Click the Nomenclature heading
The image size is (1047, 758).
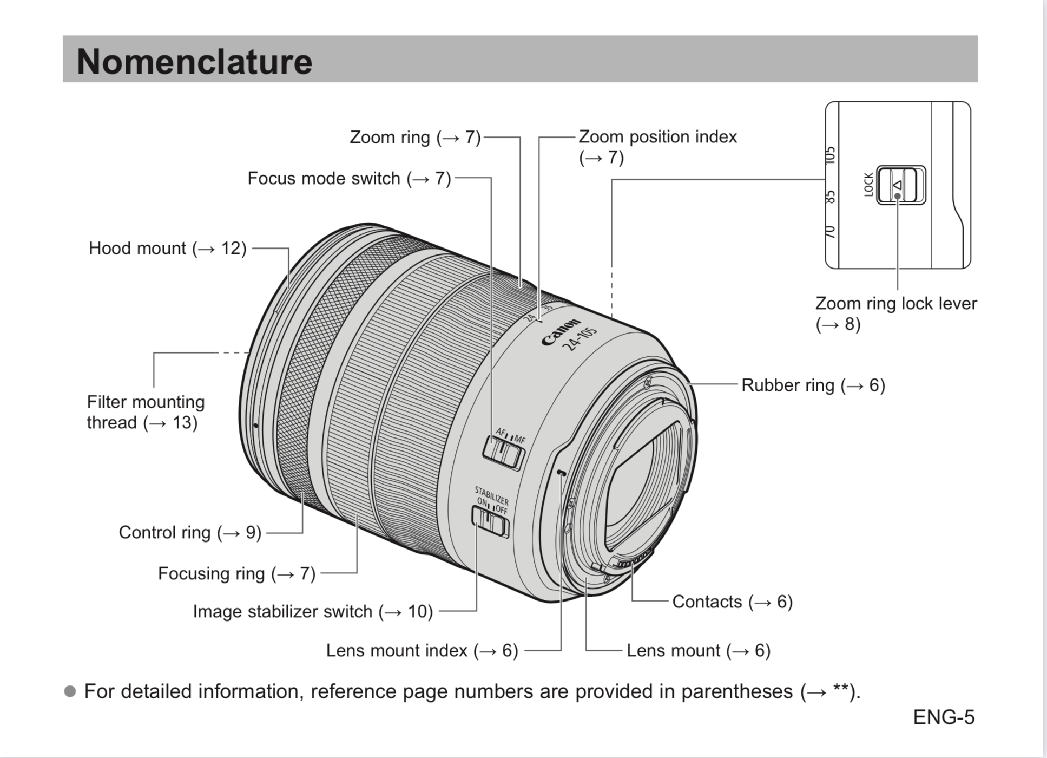194,61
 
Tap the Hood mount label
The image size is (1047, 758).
167,249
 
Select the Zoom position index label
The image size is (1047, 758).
657,146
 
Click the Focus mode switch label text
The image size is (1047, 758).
349,179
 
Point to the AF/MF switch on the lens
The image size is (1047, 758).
503,453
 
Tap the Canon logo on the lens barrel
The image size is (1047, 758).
560,332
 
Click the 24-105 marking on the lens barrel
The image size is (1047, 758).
580,339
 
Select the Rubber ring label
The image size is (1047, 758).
812,385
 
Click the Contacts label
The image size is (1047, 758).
732,602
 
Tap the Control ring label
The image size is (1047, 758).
190,533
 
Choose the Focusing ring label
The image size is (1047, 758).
236,574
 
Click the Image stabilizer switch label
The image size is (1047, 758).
313,612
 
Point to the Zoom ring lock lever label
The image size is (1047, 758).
895,313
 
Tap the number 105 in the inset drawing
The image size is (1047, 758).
830,155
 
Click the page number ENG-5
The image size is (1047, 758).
943,717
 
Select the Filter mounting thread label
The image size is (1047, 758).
145,412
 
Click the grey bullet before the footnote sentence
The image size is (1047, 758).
70,692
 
